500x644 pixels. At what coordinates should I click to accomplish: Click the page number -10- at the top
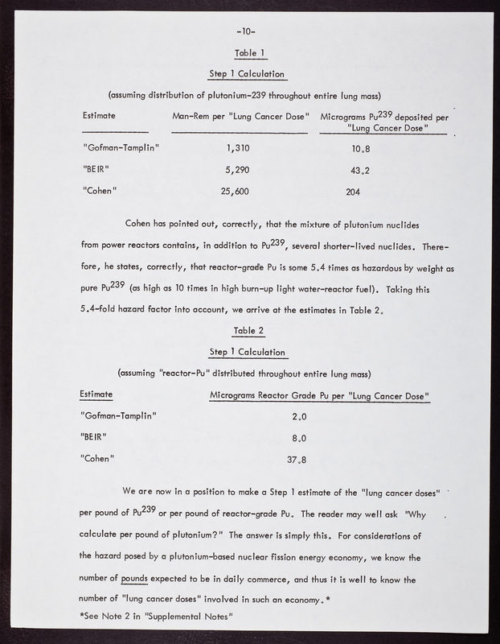tap(247, 32)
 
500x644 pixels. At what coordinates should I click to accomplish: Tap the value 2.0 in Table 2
tap(300, 416)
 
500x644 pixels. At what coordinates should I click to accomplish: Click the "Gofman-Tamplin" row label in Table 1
tap(121, 148)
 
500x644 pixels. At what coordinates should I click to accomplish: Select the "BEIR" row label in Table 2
tap(96, 437)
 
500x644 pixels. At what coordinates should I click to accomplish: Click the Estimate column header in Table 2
tap(96, 394)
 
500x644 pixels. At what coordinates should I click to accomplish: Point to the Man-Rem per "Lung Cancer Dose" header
tap(240, 117)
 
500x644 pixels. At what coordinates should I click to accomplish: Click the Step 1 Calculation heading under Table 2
tap(248, 352)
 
